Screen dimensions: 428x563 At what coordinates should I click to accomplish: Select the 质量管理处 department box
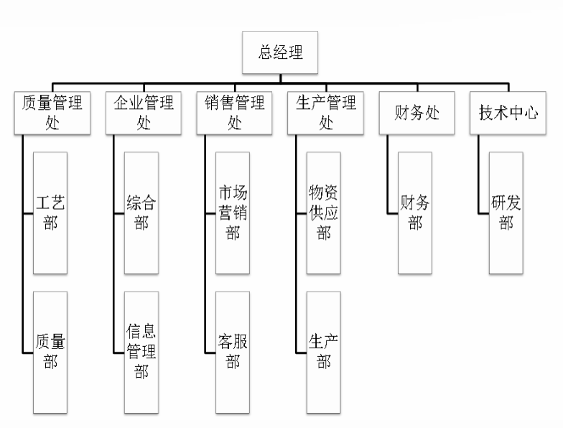[50, 113]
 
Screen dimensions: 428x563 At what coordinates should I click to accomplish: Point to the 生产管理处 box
[325, 113]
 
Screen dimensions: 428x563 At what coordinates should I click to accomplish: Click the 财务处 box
[417, 113]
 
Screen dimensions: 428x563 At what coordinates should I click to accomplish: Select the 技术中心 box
[508, 113]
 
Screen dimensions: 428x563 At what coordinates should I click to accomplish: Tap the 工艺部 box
[50, 213]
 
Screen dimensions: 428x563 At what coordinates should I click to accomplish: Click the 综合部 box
[141, 213]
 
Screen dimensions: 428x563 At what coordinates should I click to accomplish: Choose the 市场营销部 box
[233, 213]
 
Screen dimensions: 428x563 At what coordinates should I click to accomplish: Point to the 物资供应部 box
[324, 213]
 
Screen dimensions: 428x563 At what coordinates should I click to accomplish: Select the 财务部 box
[415, 213]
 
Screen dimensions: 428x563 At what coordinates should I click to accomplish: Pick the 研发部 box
[506, 213]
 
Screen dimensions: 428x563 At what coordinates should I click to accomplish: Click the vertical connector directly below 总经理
[281, 82]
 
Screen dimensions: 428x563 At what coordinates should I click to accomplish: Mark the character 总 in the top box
[265, 52]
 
